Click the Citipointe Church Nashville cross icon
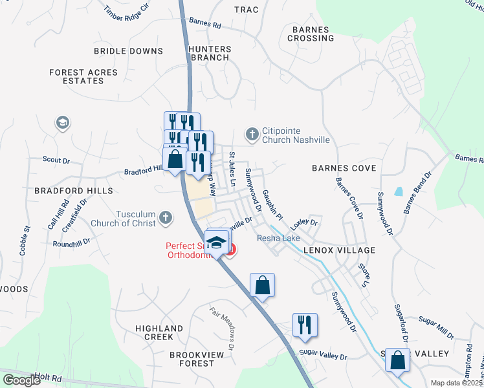(252, 135)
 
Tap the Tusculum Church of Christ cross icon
(166, 218)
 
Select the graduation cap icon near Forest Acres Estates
(62, 123)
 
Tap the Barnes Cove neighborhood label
(344, 168)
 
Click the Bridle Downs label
(128, 50)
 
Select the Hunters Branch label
(209, 53)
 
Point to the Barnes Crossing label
(313, 34)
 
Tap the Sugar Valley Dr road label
(323, 356)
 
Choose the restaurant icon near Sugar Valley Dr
(305, 325)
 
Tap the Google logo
(21, 380)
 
